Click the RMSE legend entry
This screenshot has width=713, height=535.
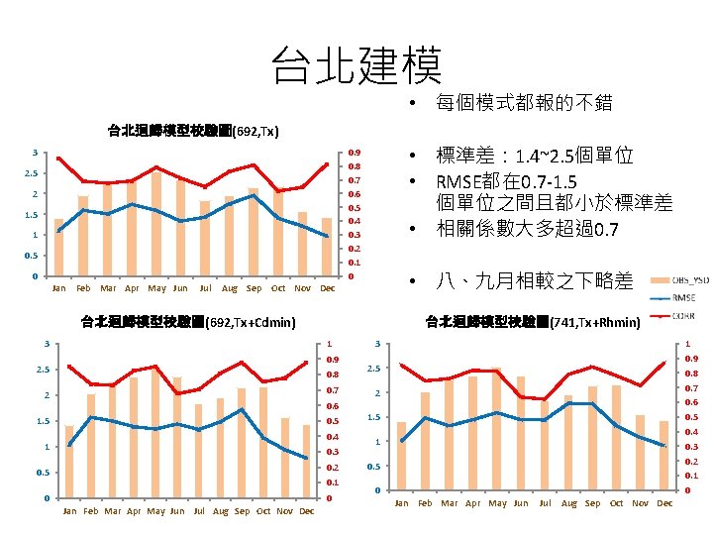click(x=684, y=296)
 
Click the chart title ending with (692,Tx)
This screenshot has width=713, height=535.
click(x=193, y=130)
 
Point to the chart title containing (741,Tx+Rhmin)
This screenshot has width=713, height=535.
click(x=533, y=321)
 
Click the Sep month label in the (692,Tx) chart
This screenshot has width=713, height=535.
click(x=254, y=288)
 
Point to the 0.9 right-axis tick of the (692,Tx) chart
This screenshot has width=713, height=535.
click(x=354, y=153)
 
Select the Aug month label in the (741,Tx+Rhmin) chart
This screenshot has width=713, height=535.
click(x=567, y=503)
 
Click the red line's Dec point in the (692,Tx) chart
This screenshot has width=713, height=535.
click(x=327, y=164)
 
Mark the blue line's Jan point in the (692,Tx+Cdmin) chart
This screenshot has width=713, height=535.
click(x=68, y=445)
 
